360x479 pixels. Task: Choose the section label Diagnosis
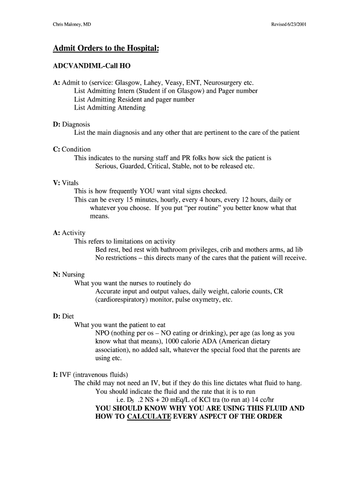76,124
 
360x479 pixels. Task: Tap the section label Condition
76,150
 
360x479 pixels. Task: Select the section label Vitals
71,183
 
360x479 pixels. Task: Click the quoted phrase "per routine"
203,208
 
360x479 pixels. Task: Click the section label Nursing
73,275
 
